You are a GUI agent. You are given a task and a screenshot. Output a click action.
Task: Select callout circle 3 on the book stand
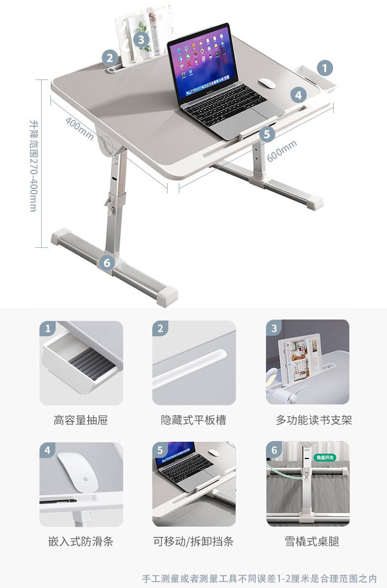[141, 39]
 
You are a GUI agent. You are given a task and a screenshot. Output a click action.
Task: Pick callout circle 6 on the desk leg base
[107, 263]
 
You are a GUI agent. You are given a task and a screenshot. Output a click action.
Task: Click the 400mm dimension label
[79, 129]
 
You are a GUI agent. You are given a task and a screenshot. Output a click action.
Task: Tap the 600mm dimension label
[282, 151]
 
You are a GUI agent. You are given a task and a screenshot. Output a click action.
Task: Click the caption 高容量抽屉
[81, 420]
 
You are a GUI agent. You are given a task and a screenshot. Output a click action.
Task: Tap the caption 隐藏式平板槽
[193, 420]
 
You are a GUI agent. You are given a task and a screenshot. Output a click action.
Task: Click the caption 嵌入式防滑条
[81, 541]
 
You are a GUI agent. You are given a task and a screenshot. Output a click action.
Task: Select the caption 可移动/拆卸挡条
[193, 541]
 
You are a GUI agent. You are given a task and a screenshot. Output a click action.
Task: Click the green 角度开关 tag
[325, 457]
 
